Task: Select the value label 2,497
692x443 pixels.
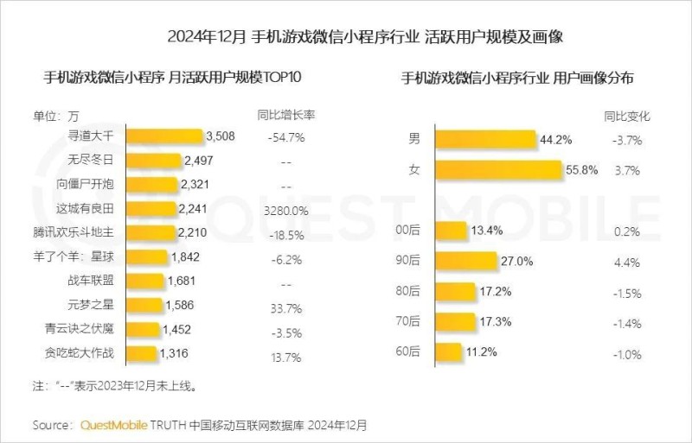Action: tap(200, 161)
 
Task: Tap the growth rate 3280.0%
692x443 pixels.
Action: tap(285, 209)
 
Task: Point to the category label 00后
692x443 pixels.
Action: tap(420, 232)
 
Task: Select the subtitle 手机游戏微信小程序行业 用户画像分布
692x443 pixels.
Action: tap(518, 78)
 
